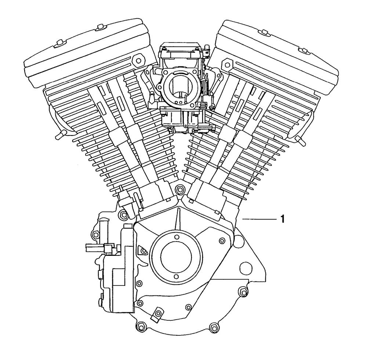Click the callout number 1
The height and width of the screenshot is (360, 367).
click(283, 219)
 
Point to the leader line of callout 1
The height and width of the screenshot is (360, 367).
click(259, 219)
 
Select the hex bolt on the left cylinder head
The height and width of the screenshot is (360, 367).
click(138, 61)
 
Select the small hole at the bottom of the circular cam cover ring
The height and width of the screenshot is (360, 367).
click(175, 276)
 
